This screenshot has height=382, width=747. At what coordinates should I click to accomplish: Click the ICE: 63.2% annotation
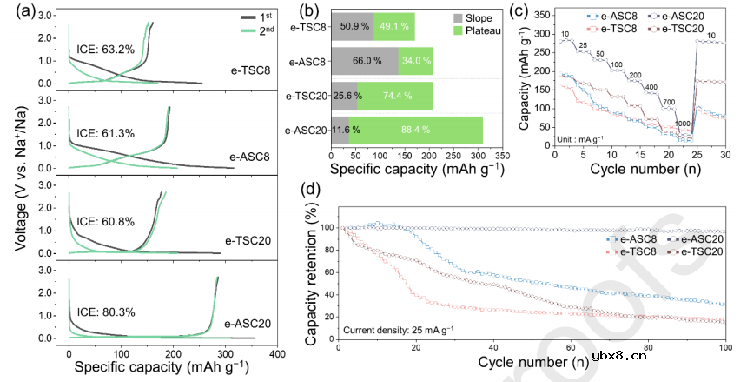(105, 50)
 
